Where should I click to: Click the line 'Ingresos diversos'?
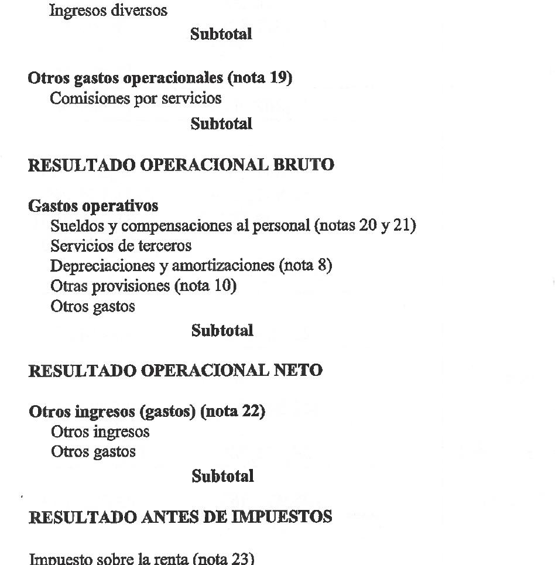point(108,11)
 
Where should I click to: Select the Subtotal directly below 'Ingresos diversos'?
point(221,34)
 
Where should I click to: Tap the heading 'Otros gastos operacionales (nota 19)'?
point(160,78)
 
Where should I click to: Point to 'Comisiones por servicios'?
point(136,98)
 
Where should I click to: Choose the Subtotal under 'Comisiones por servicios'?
point(221,124)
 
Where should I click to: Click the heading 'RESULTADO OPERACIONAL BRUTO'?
point(181,165)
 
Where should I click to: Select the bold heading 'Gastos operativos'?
point(93,206)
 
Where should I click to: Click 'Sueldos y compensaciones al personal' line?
point(233,225)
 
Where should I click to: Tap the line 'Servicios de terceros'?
point(121,245)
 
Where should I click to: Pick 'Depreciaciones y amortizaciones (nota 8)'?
point(191,265)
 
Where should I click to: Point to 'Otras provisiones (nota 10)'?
point(143,286)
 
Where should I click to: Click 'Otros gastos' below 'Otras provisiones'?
point(92,306)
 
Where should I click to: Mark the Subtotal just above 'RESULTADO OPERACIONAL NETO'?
point(222,331)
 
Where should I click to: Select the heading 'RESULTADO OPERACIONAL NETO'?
point(175,371)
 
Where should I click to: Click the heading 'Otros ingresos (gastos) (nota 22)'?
point(147,412)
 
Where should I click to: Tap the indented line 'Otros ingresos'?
point(100,432)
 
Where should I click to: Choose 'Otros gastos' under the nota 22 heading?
point(93,451)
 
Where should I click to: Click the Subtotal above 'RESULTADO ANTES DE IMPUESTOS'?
point(222,476)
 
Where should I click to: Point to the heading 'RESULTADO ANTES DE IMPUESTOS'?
point(180,517)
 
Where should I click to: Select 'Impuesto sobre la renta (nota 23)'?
point(142,559)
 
